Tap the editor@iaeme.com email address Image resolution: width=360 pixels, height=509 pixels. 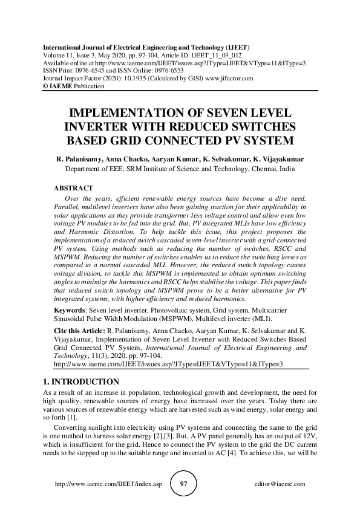click(281, 485)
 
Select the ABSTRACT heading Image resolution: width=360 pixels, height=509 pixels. click(74, 189)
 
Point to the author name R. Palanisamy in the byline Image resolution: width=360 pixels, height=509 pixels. click(79, 160)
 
